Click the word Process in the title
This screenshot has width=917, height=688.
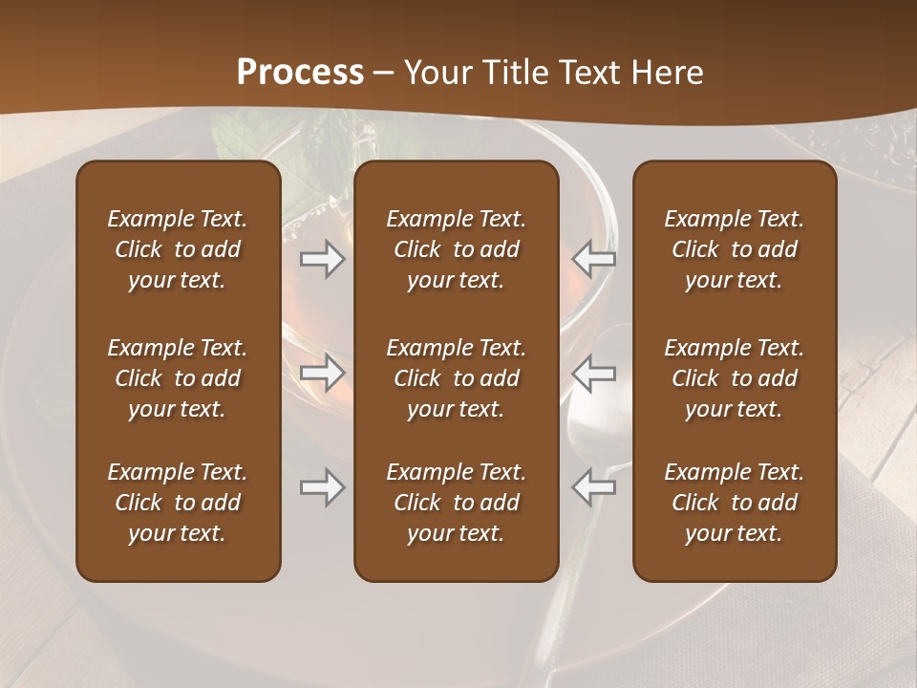300,73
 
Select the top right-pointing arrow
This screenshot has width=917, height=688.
322,259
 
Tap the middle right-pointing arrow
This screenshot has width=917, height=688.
322,373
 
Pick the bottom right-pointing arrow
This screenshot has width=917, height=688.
322,487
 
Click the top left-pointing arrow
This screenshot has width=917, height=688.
594,259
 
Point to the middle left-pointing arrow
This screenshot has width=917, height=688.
594,373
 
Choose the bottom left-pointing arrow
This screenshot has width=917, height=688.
594,487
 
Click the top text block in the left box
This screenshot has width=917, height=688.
178,249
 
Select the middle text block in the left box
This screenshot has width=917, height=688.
178,378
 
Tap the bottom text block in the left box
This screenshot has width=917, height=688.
178,503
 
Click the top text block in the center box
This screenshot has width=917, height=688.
456,249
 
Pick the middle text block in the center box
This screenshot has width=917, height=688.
456,378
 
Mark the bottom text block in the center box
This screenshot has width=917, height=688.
456,503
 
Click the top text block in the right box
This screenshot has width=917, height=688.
734,249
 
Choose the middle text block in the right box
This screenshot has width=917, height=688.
734,378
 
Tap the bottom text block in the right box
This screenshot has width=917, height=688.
734,503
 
